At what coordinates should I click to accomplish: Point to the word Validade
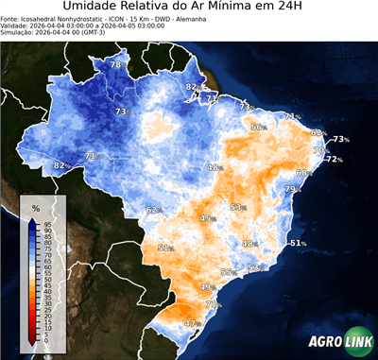pyautogui.click(x=19, y=36)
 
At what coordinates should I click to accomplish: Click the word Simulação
pyautogui.click(x=22, y=44)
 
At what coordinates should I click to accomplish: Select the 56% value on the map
pyautogui.click(x=258, y=127)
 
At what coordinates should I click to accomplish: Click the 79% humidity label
pyautogui.click(x=292, y=190)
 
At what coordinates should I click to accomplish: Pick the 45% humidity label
pyautogui.click(x=207, y=218)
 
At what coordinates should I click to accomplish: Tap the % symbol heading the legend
pyautogui.click(x=35, y=207)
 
